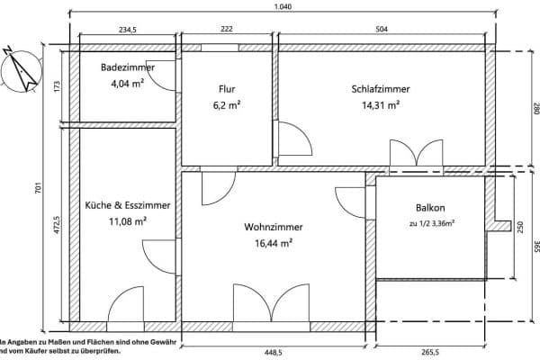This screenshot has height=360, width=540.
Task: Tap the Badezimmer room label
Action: (x=127, y=67)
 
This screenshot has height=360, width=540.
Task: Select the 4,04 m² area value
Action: (x=127, y=84)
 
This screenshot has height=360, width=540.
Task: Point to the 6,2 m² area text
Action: (x=227, y=104)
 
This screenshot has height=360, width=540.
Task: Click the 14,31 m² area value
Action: (x=380, y=104)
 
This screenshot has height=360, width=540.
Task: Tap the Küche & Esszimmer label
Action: (x=127, y=205)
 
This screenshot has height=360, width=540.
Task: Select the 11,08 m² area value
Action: (x=127, y=220)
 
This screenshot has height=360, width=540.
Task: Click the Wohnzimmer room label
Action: (x=273, y=227)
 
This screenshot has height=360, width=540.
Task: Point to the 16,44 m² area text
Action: (x=273, y=243)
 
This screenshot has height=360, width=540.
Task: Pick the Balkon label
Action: (x=431, y=206)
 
